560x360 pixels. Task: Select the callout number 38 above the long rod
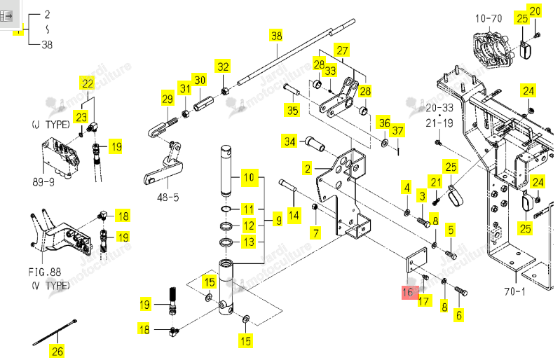(276, 36)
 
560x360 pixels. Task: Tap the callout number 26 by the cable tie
(57, 351)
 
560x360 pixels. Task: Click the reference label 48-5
(168, 198)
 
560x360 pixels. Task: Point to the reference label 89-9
(43, 182)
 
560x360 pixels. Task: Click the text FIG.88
(45, 272)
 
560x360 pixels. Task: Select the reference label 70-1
(514, 291)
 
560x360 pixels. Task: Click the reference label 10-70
(489, 18)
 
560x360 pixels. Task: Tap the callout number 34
(289, 141)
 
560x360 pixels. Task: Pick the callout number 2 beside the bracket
(308, 168)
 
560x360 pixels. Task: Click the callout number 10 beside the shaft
(249, 177)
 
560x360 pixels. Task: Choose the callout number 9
(278, 220)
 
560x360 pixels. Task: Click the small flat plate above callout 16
(417, 261)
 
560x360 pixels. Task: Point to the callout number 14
(294, 215)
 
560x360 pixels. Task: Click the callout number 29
(168, 99)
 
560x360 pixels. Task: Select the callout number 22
(88, 83)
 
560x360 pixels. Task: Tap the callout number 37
(397, 130)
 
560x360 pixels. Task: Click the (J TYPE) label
(50, 125)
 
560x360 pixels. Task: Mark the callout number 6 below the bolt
(459, 315)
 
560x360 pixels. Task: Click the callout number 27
(342, 50)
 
